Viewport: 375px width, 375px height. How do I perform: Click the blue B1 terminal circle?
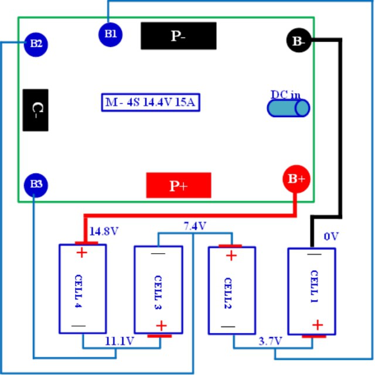click(110, 33)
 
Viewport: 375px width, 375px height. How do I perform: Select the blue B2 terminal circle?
click(36, 43)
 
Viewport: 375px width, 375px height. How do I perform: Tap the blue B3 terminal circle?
click(36, 185)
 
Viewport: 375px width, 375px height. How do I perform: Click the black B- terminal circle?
click(298, 40)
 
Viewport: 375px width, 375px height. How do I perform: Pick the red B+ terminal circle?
click(295, 179)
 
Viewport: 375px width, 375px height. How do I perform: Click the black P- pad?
click(178, 36)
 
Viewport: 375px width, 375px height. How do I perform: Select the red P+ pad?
click(178, 186)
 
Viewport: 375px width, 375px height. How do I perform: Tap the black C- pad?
click(36, 110)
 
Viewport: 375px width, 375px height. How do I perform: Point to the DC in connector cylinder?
click(288, 108)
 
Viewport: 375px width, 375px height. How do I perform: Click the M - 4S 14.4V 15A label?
click(152, 103)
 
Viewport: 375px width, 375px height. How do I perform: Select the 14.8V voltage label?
click(104, 231)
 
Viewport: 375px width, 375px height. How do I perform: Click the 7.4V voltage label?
click(195, 226)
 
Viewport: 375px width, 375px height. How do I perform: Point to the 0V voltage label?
click(332, 237)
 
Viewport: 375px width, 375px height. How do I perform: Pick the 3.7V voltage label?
click(270, 341)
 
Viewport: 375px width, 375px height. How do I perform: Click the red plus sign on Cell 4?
click(81, 253)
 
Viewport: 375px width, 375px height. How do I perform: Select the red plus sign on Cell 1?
click(317, 325)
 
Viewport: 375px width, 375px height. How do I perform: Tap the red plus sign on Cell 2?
click(231, 255)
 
